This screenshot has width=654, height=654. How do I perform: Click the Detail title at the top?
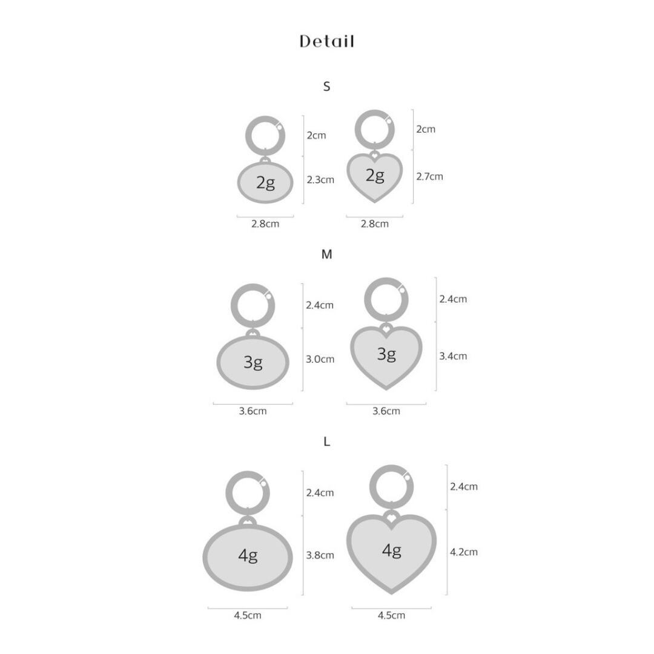[x=327, y=41]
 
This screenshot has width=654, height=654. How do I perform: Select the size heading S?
[x=326, y=87]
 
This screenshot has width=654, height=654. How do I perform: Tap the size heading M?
[x=326, y=254]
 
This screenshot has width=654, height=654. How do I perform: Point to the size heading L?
[x=326, y=441]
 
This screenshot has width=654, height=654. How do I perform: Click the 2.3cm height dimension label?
[x=320, y=180]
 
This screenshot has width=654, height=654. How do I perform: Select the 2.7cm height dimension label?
[x=429, y=176]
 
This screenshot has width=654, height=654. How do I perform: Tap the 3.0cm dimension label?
[x=320, y=359]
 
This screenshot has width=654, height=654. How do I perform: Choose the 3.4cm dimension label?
[x=453, y=356]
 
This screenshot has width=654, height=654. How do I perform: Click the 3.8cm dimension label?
[x=320, y=555]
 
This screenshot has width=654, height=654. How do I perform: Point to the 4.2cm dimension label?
[x=464, y=552]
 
